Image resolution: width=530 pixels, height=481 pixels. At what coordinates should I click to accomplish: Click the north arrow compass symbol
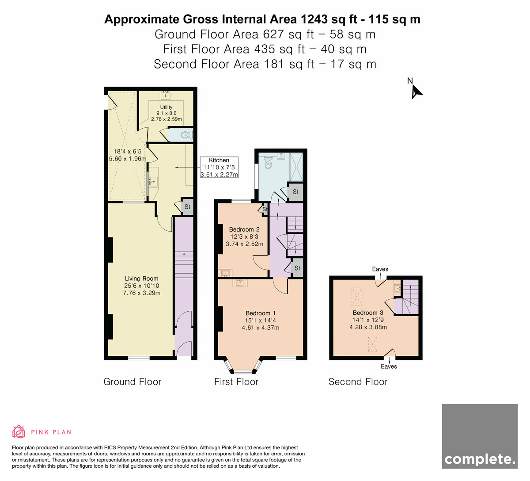(416, 92)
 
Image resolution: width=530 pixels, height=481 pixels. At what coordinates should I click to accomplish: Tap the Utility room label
(166, 107)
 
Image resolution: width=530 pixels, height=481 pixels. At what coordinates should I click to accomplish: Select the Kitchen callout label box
(219, 167)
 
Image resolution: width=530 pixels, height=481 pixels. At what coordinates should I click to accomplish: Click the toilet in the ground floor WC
(186, 135)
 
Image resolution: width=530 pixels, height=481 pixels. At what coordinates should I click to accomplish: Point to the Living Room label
(142, 279)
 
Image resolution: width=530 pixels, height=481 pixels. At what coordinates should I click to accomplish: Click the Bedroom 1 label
(261, 313)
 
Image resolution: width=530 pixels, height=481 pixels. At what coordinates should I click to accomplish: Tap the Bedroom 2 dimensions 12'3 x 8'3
(244, 237)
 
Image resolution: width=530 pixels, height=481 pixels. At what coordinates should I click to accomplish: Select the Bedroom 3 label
(368, 313)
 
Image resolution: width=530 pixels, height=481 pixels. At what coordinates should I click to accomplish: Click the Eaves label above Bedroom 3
(380, 269)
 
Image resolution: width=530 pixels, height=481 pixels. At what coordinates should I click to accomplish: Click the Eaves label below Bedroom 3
(389, 366)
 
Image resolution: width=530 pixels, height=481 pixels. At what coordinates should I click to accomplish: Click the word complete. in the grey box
(480, 459)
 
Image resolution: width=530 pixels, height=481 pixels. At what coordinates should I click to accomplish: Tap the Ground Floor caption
(132, 382)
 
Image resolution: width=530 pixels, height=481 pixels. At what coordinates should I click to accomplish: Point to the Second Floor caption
(358, 382)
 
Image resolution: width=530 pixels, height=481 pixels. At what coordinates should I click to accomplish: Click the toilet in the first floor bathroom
(269, 162)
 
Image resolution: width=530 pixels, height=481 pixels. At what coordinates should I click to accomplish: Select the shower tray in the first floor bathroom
(296, 167)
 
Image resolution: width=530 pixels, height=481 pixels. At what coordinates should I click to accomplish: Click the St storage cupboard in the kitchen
(187, 206)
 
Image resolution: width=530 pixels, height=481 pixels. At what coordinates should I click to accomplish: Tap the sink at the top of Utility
(166, 95)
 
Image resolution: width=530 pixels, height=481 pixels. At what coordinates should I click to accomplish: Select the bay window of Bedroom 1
(243, 366)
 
